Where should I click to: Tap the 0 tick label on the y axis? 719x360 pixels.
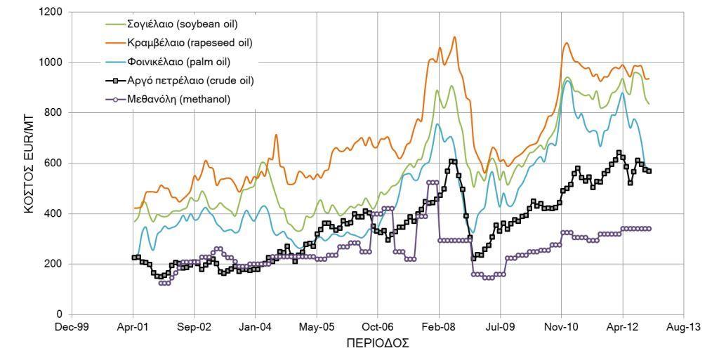point(60,314)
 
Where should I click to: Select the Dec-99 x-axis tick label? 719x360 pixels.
point(72,328)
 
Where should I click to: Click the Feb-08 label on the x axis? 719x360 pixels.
point(439,328)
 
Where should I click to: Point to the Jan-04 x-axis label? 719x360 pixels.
point(255,328)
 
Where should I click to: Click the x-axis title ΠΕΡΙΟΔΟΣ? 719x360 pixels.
point(378,344)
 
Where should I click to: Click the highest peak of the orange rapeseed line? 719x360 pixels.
point(454,36)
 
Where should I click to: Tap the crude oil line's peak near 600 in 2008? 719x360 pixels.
point(454,161)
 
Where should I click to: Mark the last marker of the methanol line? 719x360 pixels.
point(649,229)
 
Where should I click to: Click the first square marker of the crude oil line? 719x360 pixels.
point(133,258)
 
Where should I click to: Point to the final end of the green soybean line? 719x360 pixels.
point(649,104)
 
